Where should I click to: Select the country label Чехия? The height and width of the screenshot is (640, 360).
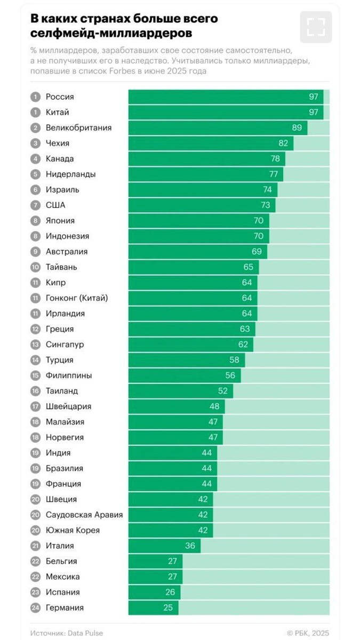coord(58,143)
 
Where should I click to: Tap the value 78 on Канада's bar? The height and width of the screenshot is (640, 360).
coord(275,159)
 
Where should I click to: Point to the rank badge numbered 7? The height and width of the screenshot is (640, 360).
coord(35,205)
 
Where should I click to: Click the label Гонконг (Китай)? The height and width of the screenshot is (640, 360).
coord(77,298)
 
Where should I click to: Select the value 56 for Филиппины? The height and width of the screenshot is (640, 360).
coord(230,375)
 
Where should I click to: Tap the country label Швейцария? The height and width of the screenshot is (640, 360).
coord(68,406)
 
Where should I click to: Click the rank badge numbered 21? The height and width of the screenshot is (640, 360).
coord(35,546)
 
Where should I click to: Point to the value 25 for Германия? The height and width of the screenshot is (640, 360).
coord(168,608)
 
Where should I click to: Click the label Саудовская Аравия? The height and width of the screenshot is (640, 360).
coord(84,515)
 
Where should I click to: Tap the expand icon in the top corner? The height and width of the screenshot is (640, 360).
coord(316,27)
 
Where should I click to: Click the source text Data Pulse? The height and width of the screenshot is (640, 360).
coord(85,633)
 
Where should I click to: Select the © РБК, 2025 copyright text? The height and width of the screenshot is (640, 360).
coord(308,633)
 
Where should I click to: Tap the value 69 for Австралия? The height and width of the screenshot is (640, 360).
coord(257,252)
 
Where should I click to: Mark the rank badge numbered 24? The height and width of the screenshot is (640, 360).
coord(35,608)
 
